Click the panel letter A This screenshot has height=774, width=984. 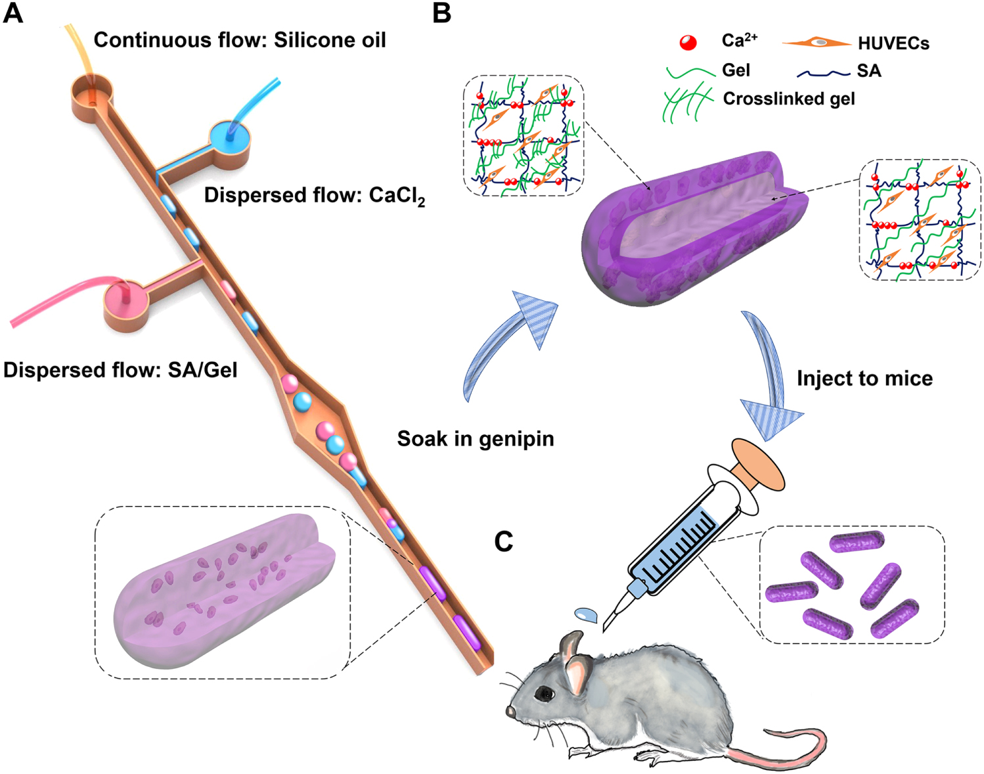pos(13,13)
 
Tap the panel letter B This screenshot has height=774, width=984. pos(442,13)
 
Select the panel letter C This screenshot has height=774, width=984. pos(504,541)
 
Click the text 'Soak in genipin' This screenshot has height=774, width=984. pos(476,438)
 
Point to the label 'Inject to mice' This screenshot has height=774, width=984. pos(864,378)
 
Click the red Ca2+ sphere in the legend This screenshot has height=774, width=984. pos(688,43)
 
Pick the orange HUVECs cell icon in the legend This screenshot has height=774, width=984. pos(816,43)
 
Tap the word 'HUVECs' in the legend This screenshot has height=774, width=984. pos(893,43)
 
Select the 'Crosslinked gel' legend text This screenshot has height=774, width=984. pos(789,99)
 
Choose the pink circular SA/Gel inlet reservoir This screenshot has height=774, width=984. pos(126,301)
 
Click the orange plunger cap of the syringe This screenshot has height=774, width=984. pos(759,464)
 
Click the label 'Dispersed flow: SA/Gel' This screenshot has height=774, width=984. pos(120,370)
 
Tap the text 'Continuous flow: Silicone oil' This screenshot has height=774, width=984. pos(240,40)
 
